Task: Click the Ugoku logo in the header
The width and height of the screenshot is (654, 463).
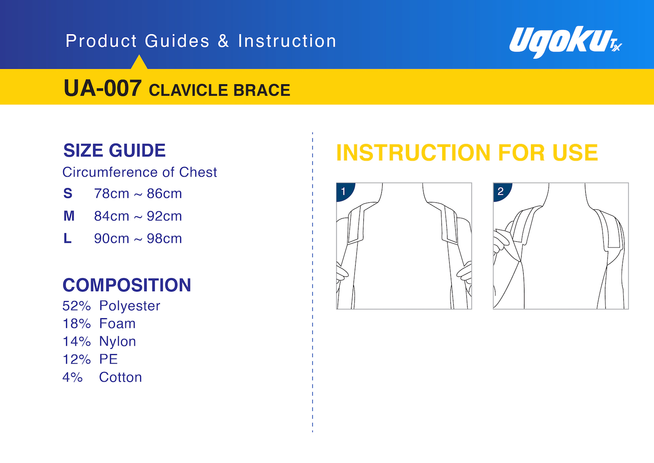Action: (566, 42)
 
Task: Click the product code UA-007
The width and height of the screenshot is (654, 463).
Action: (103, 88)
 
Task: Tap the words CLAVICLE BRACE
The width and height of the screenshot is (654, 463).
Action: (219, 90)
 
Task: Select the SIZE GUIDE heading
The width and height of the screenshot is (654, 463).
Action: (114, 151)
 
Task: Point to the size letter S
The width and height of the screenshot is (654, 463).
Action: (68, 193)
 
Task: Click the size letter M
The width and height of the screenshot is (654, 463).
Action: (69, 216)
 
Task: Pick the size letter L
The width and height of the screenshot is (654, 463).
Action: (67, 238)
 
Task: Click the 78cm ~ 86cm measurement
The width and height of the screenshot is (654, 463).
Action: (138, 193)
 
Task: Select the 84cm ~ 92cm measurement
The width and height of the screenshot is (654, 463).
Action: (138, 216)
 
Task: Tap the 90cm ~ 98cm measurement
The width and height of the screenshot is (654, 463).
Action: (138, 238)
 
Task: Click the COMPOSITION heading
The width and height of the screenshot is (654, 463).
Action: (127, 285)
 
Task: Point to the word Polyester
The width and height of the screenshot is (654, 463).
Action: (130, 306)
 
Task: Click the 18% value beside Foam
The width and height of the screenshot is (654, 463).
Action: (76, 324)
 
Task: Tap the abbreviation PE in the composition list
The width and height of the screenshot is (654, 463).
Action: (108, 359)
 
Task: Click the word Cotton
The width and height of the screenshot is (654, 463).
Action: (120, 377)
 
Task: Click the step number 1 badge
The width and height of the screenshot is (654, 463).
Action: (345, 191)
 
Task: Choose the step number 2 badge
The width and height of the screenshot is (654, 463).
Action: (501, 191)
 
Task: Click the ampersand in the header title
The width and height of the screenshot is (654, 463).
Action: (223, 41)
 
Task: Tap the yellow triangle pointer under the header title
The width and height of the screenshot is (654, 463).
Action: (139, 63)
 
